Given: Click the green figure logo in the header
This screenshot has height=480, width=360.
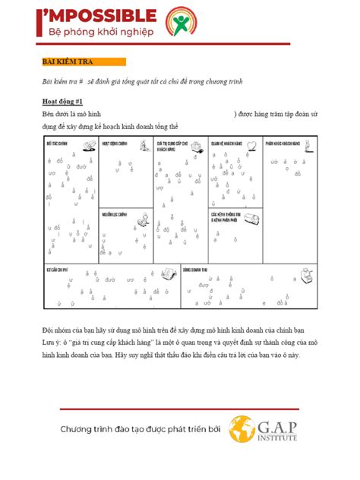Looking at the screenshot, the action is pyautogui.click(x=181, y=22).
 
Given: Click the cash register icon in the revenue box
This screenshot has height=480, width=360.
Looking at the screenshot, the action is pyautogui.click(x=306, y=273).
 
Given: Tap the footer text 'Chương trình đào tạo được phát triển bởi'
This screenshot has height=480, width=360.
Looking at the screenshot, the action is pyautogui.click(x=141, y=430).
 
